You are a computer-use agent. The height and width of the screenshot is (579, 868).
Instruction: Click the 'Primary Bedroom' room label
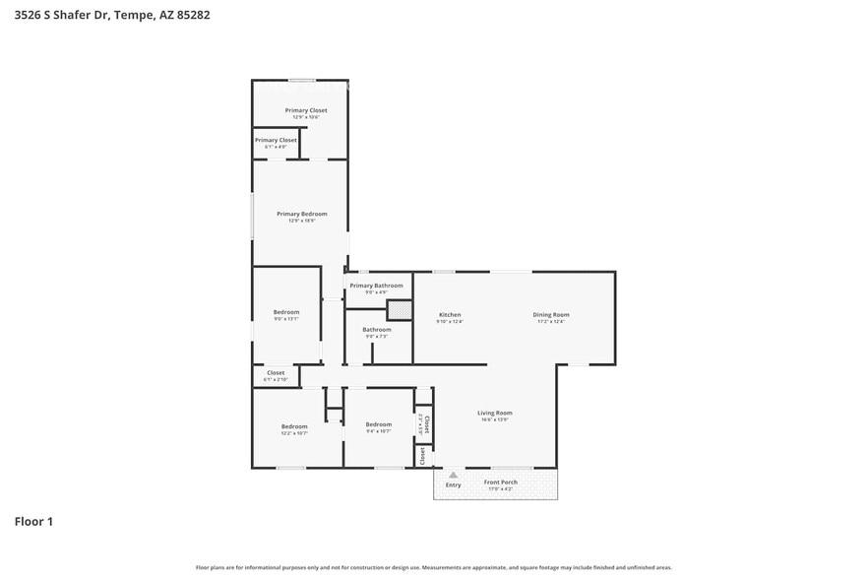tap(301, 214)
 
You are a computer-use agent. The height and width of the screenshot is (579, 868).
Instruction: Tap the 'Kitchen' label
tap(449, 315)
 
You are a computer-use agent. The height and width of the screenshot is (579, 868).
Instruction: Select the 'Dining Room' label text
tap(551, 315)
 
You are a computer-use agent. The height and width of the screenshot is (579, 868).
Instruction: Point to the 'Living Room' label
tap(494, 413)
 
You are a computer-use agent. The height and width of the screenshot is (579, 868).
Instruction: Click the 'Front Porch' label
tap(500, 482)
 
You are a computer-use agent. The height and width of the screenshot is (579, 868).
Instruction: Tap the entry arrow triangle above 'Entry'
tap(453, 476)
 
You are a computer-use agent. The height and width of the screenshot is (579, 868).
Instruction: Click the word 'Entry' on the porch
tap(453, 485)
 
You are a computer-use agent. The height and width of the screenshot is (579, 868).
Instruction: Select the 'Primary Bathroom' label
tap(376, 286)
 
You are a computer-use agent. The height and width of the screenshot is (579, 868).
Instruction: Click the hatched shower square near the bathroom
tap(399, 309)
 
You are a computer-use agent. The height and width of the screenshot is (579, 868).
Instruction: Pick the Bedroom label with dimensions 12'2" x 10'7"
tap(294, 426)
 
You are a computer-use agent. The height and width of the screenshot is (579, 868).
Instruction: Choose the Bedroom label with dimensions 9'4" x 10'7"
tap(378, 424)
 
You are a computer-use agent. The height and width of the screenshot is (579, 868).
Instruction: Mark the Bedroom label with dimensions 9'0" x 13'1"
tap(285, 312)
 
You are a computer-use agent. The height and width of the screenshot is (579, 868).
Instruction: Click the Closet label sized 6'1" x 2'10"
tap(276, 373)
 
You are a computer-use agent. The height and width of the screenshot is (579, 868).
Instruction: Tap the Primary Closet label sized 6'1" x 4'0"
tap(276, 140)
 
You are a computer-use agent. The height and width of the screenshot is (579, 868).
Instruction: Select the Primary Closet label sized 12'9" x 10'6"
tap(306, 110)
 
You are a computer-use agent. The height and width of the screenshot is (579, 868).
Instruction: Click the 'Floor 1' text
tap(33, 521)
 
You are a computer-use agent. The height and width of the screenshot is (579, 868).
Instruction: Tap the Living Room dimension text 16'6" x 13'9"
tap(494, 419)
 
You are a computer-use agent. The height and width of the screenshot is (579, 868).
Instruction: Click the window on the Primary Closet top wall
tap(301, 80)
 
